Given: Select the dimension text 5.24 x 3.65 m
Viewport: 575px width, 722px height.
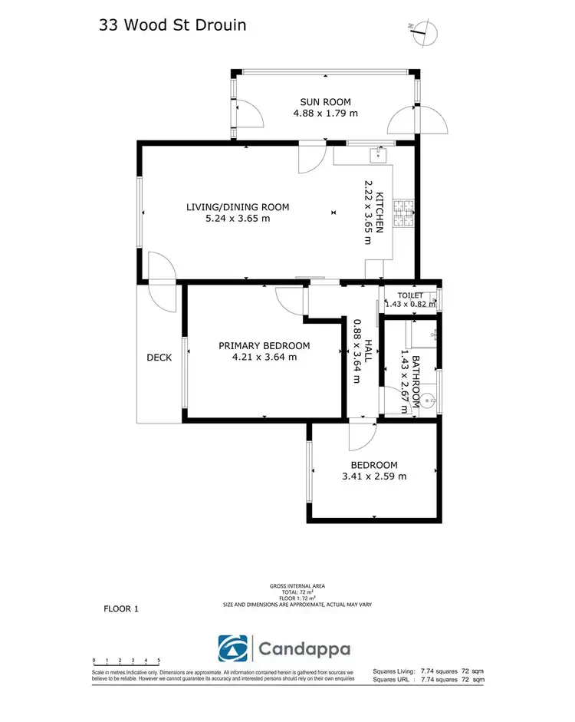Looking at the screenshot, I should [238, 218].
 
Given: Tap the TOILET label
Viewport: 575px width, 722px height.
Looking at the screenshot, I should [410, 295].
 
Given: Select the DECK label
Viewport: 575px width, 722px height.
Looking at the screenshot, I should [159, 358].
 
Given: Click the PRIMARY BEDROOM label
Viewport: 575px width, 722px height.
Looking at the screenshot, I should [264, 345].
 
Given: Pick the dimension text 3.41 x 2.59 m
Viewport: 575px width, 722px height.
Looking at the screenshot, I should [374, 476].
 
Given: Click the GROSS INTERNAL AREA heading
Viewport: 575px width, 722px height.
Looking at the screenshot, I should [297, 586].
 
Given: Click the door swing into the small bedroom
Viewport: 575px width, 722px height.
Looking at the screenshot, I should [360, 436].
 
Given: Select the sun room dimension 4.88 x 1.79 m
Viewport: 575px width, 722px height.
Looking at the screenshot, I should [325, 114].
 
